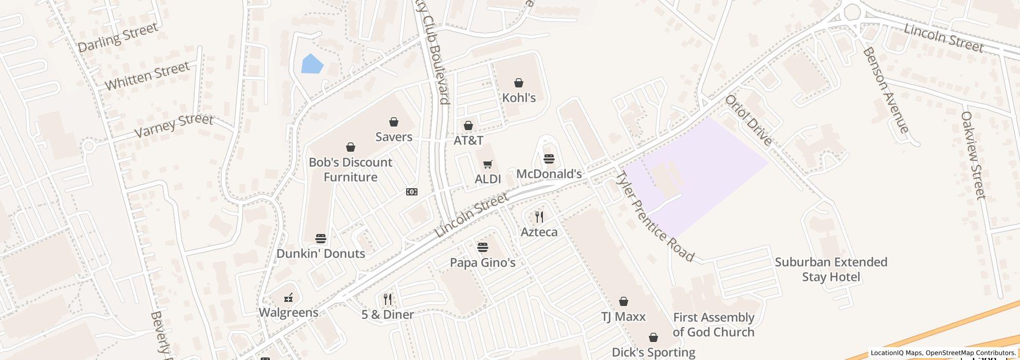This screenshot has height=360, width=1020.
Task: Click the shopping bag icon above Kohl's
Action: click(x=519, y=83)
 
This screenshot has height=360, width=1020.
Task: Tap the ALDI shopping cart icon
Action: click(x=487, y=165)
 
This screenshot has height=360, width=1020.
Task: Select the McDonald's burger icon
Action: click(x=549, y=159)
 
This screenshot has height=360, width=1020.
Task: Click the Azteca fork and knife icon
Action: click(x=539, y=217)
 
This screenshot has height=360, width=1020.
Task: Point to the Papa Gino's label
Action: click(x=482, y=263)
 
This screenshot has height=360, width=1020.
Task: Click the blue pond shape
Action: click(x=312, y=64)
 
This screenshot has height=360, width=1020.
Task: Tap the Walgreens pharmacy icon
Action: click(x=288, y=297)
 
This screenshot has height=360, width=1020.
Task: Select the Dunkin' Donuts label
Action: click(x=321, y=254)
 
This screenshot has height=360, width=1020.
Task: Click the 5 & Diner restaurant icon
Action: click(x=388, y=299)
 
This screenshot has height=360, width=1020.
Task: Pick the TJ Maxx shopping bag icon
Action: click(x=623, y=301)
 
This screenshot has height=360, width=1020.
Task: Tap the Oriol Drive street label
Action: click(x=748, y=120)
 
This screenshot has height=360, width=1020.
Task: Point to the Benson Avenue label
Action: click(x=885, y=91)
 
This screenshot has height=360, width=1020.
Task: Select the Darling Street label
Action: click(x=118, y=37)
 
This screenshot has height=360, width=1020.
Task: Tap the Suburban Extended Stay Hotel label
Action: click(x=831, y=269)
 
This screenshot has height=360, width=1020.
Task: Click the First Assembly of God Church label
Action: click(x=713, y=325)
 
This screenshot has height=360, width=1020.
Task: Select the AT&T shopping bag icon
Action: click(x=468, y=125)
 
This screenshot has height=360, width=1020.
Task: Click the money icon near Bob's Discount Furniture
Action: click(x=411, y=192)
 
